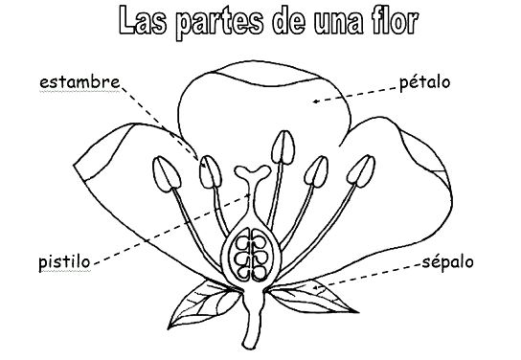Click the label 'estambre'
pyautogui.click(x=79, y=83)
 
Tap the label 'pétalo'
pyautogui.click(x=424, y=83)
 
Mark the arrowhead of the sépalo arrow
pyautogui.click(x=314, y=286)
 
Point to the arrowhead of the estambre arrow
pyautogui.click(x=198, y=160)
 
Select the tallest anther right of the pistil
pyautogui.click(x=282, y=147)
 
